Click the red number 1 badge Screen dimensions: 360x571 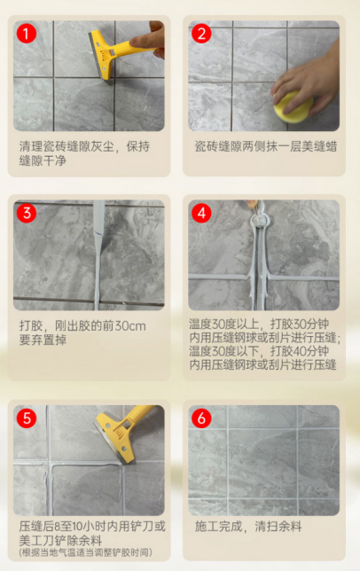27,34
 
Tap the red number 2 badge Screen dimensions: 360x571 201,34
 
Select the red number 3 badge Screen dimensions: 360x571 27,213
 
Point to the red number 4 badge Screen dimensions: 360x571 201,213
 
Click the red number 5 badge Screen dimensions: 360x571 27,418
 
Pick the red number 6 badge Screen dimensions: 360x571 201,418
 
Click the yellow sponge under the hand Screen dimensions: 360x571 293,107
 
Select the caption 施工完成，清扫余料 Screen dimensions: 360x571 248,526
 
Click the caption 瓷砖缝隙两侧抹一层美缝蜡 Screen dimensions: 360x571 266,146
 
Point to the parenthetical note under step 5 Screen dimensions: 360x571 85,552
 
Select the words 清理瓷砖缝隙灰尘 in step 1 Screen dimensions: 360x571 67,146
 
